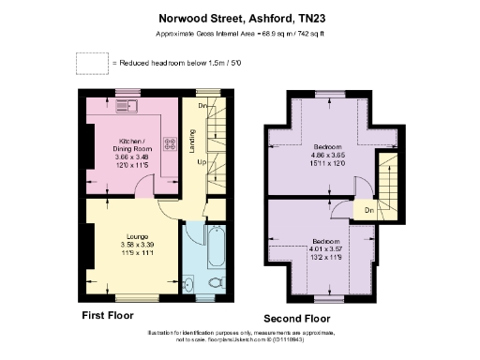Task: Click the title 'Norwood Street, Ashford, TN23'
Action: pyautogui.click(x=239, y=16)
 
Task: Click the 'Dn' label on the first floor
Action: pyautogui.click(x=203, y=106)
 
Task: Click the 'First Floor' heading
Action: pyautogui.click(x=108, y=315)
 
